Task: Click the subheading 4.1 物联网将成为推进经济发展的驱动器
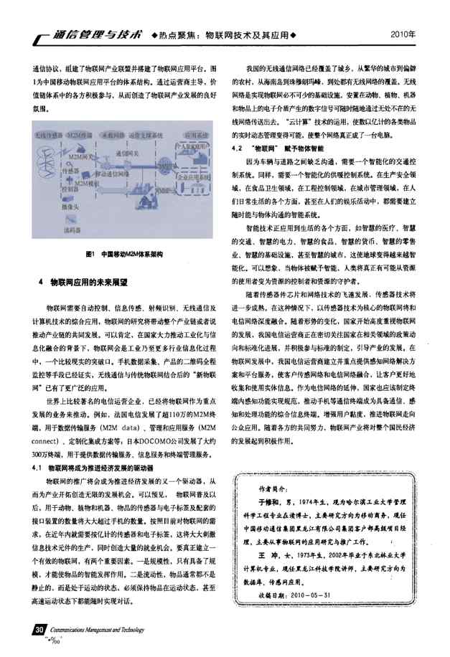(111, 468)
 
